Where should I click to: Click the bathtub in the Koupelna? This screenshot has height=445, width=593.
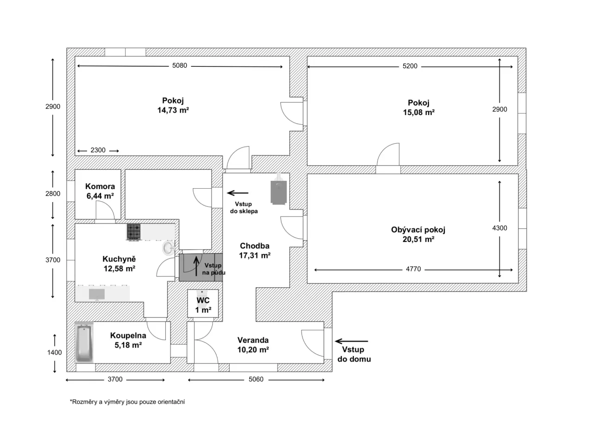coord(84,343)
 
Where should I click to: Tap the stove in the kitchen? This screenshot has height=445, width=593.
coord(134,232)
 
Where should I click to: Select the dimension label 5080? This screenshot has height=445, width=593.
coord(180,66)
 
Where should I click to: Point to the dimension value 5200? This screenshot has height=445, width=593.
coord(410,66)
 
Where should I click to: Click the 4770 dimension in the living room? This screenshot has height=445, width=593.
coord(413,269)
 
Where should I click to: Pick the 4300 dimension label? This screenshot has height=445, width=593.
coord(499,228)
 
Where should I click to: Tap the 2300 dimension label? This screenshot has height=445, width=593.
coord(98,150)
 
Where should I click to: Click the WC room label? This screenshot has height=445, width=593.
coord(203,300)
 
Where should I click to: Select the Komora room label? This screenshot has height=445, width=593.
coord(100,186)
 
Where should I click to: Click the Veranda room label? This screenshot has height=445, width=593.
coord(253,340)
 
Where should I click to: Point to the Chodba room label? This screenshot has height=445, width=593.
coord(254,246)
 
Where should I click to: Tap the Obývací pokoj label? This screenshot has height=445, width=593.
coord(418,229)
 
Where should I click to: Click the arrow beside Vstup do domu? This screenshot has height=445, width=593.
coord(351,341)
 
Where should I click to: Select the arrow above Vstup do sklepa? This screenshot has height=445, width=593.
coord(238,193)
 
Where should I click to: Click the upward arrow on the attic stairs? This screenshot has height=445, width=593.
coord(196,266)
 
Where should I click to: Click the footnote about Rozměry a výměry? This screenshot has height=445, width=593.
coord(127,402)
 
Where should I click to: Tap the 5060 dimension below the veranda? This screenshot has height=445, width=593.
coord(256,379)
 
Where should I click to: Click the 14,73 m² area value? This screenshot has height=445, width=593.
coord(173,110)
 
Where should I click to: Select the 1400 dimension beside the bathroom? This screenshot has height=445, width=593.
coord(55,352)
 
